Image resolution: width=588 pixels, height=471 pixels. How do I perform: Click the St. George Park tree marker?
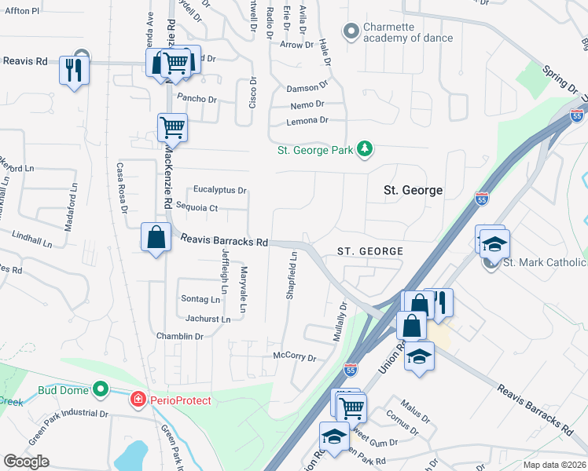(364, 149)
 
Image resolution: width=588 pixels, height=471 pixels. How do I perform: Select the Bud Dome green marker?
(100, 389)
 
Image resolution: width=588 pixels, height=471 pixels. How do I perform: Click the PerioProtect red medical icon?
(139, 400)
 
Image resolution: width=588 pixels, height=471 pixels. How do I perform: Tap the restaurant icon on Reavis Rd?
(75, 71)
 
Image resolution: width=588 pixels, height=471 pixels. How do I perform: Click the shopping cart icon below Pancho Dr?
(172, 126)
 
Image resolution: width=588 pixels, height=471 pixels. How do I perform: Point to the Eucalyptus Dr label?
(220, 190)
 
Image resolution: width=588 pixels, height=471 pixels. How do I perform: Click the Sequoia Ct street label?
(197, 207)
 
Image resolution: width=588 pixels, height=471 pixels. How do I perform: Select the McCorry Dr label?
(293, 357)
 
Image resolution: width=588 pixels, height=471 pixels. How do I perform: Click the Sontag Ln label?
(200, 299)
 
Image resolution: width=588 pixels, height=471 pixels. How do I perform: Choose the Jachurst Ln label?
(208, 319)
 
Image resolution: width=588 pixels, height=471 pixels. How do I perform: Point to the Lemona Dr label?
(307, 120)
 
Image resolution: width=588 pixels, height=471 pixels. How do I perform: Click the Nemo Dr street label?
(307, 104)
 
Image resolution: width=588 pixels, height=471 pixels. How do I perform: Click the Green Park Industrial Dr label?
(70, 413)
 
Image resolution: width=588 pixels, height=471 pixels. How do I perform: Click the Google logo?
(27, 462)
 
